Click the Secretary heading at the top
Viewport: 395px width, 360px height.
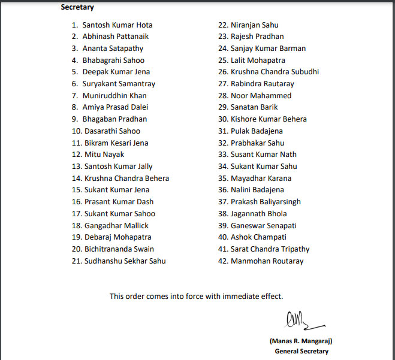point(77,8)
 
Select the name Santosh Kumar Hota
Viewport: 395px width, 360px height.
point(117,25)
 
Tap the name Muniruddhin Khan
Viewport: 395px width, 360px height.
point(114,96)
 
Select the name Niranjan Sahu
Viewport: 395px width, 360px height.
point(255,25)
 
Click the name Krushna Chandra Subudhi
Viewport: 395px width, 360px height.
point(275,72)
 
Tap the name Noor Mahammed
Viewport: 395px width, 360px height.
point(261,96)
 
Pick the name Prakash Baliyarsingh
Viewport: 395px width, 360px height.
point(266,202)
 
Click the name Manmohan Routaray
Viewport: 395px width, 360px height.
point(267,261)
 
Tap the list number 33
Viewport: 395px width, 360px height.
point(222,155)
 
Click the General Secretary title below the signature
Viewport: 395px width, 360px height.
point(301,351)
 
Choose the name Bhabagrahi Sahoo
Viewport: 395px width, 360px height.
point(113,60)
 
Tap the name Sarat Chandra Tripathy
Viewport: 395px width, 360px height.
point(270,249)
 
